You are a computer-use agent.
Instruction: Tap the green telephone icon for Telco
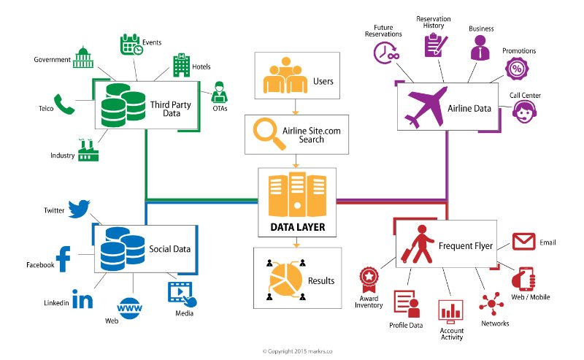(65, 104)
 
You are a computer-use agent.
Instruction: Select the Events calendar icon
(131, 45)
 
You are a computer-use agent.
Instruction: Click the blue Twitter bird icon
(78, 209)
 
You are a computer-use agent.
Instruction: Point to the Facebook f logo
(64, 260)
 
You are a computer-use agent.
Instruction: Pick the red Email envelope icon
(524, 242)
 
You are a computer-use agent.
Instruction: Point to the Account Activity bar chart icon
(450, 310)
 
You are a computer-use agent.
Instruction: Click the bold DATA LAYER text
(297, 227)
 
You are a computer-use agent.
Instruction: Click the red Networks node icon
(489, 302)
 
